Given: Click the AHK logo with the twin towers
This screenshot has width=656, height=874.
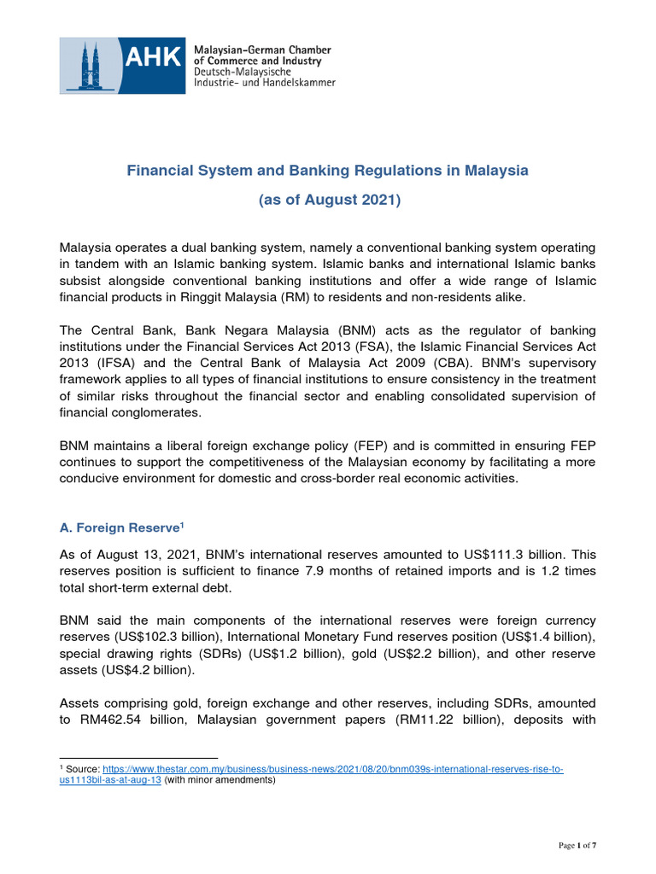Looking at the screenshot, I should pyautogui.click(x=121, y=66).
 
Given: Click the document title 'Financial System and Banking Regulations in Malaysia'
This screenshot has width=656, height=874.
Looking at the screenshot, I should pyautogui.click(x=328, y=171).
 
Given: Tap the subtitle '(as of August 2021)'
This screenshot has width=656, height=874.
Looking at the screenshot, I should pyautogui.click(x=329, y=201).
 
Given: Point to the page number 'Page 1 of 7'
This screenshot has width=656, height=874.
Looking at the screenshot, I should pyautogui.click(x=577, y=845).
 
